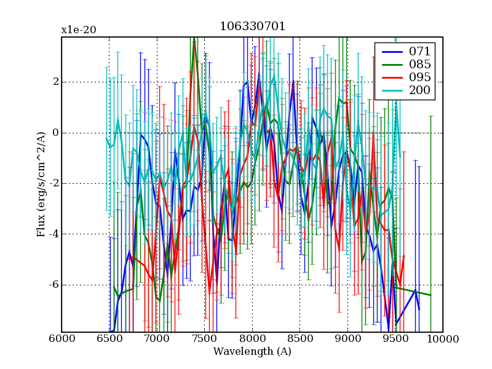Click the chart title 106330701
(x=252, y=27)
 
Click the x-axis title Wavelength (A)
(x=252, y=352)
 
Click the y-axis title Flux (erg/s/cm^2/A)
(x=42, y=184)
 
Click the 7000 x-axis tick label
(x=157, y=339)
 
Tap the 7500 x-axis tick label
(x=205, y=339)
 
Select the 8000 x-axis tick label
(x=252, y=339)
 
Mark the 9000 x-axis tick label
(x=347, y=339)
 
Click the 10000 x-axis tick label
(x=443, y=339)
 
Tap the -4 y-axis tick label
(x=53, y=234)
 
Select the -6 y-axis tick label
(x=53, y=285)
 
